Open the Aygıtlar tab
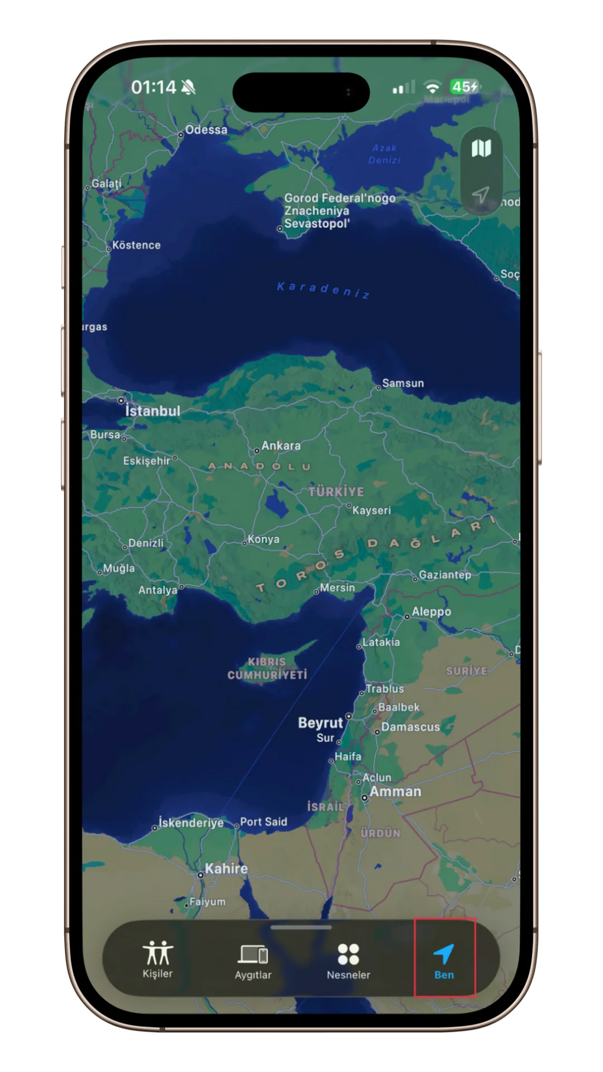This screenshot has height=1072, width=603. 253,960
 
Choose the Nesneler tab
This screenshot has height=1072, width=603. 348,960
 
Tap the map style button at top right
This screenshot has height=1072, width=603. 481,149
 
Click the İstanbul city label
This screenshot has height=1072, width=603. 152,411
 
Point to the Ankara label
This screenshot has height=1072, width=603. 281,446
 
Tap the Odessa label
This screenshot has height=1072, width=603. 206,130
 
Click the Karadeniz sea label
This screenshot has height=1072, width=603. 323,290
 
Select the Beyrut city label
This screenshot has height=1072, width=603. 320,722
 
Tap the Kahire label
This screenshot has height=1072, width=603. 226,868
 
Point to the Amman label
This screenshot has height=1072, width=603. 395,791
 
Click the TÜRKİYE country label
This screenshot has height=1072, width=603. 336,491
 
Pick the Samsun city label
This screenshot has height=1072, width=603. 403,383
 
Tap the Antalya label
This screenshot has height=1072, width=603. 158,590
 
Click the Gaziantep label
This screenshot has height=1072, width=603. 445,575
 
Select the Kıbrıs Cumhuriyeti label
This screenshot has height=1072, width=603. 267,668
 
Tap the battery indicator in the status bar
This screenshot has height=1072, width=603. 465,87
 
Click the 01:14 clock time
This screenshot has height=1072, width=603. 154,87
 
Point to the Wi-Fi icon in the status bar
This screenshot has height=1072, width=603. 432,87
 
